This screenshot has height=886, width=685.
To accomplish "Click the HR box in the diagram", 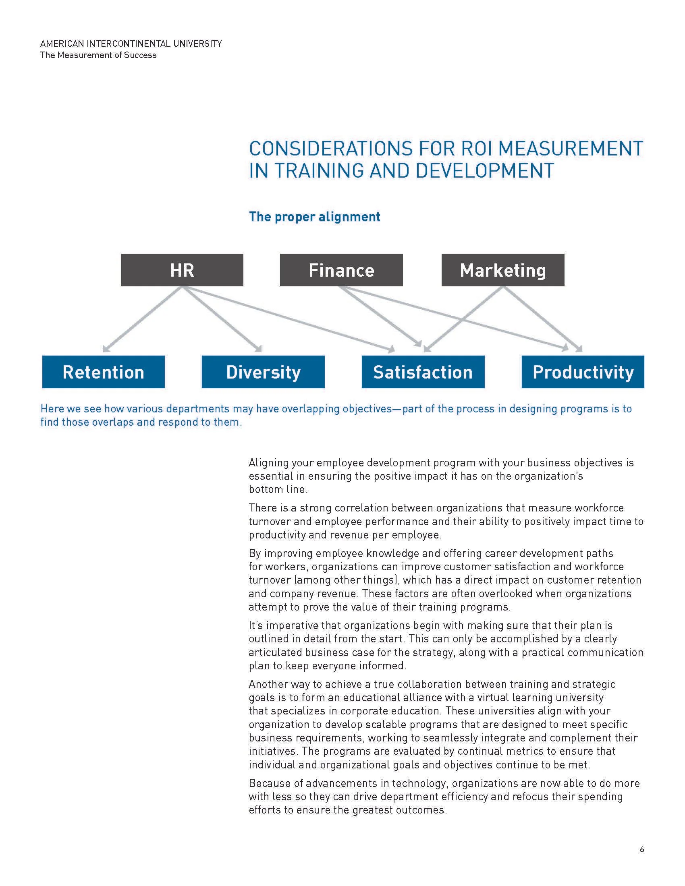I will tap(182, 270).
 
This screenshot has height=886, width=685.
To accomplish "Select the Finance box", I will tap(341, 270).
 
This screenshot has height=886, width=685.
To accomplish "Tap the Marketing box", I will tap(502, 270).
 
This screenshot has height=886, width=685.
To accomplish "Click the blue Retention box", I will tap(104, 372).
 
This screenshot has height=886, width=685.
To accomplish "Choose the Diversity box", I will tap(263, 372).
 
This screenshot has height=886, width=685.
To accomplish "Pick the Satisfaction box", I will tap(423, 372).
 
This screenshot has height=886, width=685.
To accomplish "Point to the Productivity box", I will tap(583, 372).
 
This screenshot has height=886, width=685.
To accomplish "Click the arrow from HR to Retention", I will tap(142, 319).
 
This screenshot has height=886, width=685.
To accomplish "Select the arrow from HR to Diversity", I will tap(221, 319).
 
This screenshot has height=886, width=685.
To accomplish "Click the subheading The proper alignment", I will tap(315, 217).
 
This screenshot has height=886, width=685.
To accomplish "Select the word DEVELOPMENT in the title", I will tap(484, 170).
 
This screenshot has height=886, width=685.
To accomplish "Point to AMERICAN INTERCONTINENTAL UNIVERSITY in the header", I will tap(131, 43).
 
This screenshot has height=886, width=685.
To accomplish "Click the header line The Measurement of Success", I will tap(98, 55).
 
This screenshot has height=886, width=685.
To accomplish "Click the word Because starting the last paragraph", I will tap(268, 783).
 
